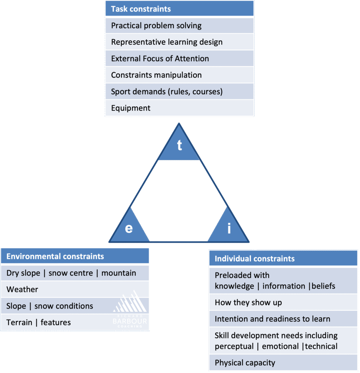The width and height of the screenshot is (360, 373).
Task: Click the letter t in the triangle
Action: [179, 145]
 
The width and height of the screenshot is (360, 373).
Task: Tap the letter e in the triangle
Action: [129, 228]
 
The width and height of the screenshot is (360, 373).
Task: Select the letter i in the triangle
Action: [229, 228]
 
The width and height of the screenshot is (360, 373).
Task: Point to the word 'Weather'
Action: [22, 290]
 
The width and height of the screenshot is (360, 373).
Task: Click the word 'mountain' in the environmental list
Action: [119, 273]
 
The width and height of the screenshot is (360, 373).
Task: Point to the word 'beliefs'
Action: [323, 286]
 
